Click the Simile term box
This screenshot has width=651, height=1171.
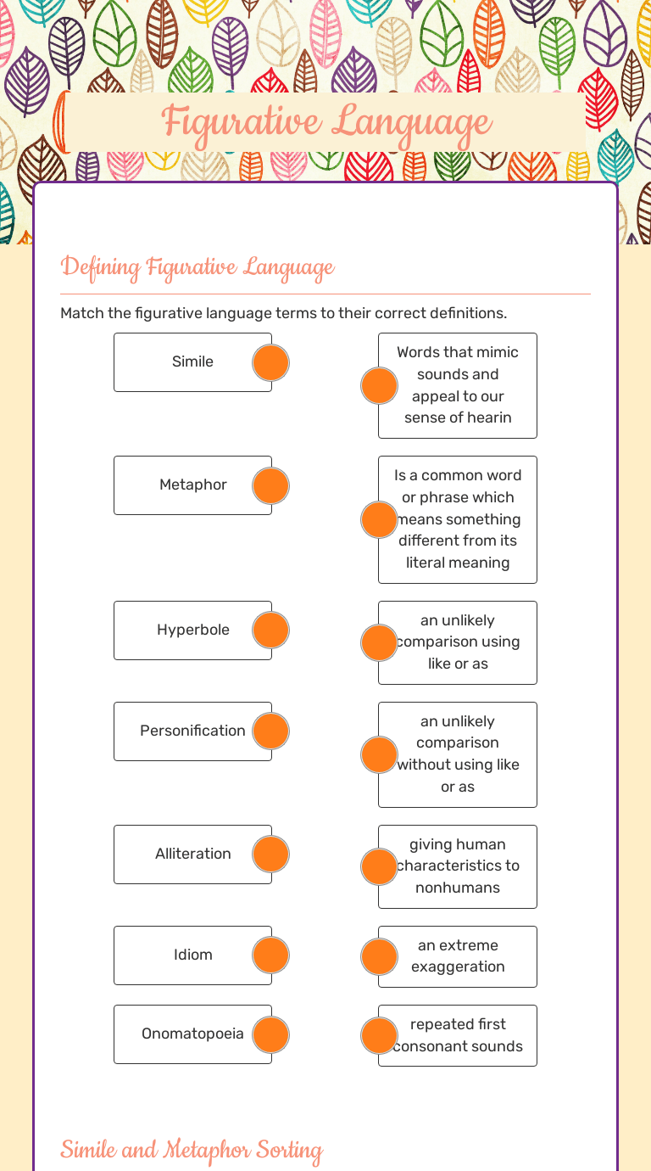tap(192, 362)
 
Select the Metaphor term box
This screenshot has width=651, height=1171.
tap(192, 485)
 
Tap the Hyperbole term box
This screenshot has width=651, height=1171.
tap(192, 630)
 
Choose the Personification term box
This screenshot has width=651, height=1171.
tap(192, 731)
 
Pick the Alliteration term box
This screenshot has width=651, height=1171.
tap(192, 854)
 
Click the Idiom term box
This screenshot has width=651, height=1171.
tap(192, 955)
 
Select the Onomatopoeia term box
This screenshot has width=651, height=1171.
tap(192, 1034)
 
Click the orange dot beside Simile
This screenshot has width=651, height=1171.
tap(271, 363)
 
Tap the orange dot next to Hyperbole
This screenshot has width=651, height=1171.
tap(271, 630)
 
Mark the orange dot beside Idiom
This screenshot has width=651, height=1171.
tap(271, 955)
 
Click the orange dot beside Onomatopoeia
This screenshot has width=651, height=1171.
tap(271, 1034)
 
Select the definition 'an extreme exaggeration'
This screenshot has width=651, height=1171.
tap(458, 956)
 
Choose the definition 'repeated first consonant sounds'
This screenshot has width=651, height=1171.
tap(458, 1035)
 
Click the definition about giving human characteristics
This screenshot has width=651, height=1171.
tap(458, 866)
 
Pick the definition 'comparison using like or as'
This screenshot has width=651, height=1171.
tap(458, 642)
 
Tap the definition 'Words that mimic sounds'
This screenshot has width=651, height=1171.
tap(458, 385)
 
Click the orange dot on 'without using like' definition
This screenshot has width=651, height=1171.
tap(379, 754)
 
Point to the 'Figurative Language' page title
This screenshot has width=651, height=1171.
tap(326, 121)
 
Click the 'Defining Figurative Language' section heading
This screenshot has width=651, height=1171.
tap(198, 268)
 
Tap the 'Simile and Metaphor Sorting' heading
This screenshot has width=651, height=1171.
tap(192, 1151)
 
